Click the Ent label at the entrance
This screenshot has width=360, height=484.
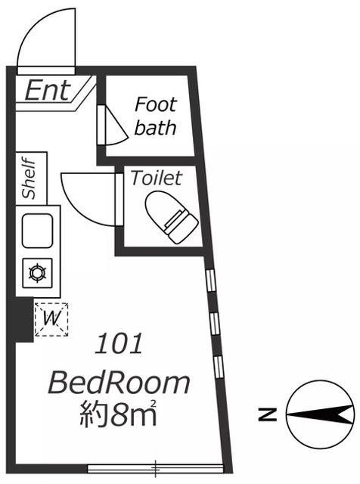coord(48,90)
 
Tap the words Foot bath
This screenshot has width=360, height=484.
coord(156,116)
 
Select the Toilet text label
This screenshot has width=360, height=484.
coord(157,178)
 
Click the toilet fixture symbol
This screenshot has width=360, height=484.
coord(172,217)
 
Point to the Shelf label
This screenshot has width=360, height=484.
coord(29,178)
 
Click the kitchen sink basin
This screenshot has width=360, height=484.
coord(37,231)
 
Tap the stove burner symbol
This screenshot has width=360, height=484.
coord(38,273)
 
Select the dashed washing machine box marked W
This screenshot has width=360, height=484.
coord(51,319)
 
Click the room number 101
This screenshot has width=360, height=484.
coord(119,343)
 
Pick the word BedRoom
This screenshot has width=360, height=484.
coord(119,383)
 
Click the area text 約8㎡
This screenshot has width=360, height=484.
coord(118,413)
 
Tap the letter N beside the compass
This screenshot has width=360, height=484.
coord(268,414)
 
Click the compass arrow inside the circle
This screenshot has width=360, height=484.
coord(320,414)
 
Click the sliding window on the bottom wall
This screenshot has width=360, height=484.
coord(155,469)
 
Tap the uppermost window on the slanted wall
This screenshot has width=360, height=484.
coord(210,280)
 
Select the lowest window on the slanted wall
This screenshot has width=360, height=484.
coord(218,367)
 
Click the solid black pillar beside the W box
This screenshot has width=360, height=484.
coord(24,319)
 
